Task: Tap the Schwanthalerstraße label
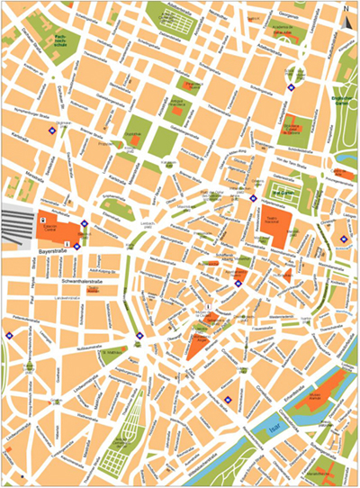coord(85,282)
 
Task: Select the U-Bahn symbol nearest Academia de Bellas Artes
coord(292,88)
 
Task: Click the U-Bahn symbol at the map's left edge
coord(9,335)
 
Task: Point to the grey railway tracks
coord(18,225)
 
